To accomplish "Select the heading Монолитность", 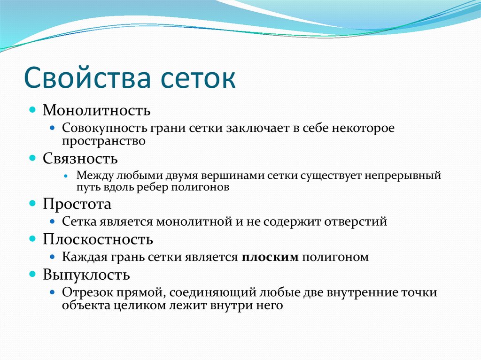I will [x=97, y=110].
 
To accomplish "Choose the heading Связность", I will [x=80, y=158].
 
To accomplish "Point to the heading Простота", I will [x=78, y=204].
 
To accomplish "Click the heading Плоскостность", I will [x=98, y=239].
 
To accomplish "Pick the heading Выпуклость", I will [x=87, y=274].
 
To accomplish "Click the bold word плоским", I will [x=271, y=257].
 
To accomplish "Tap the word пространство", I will [x=103, y=140].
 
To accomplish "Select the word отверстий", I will [x=357, y=222].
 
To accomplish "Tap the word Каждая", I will [x=83, y=257].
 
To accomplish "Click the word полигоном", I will [x=335, y=257].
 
